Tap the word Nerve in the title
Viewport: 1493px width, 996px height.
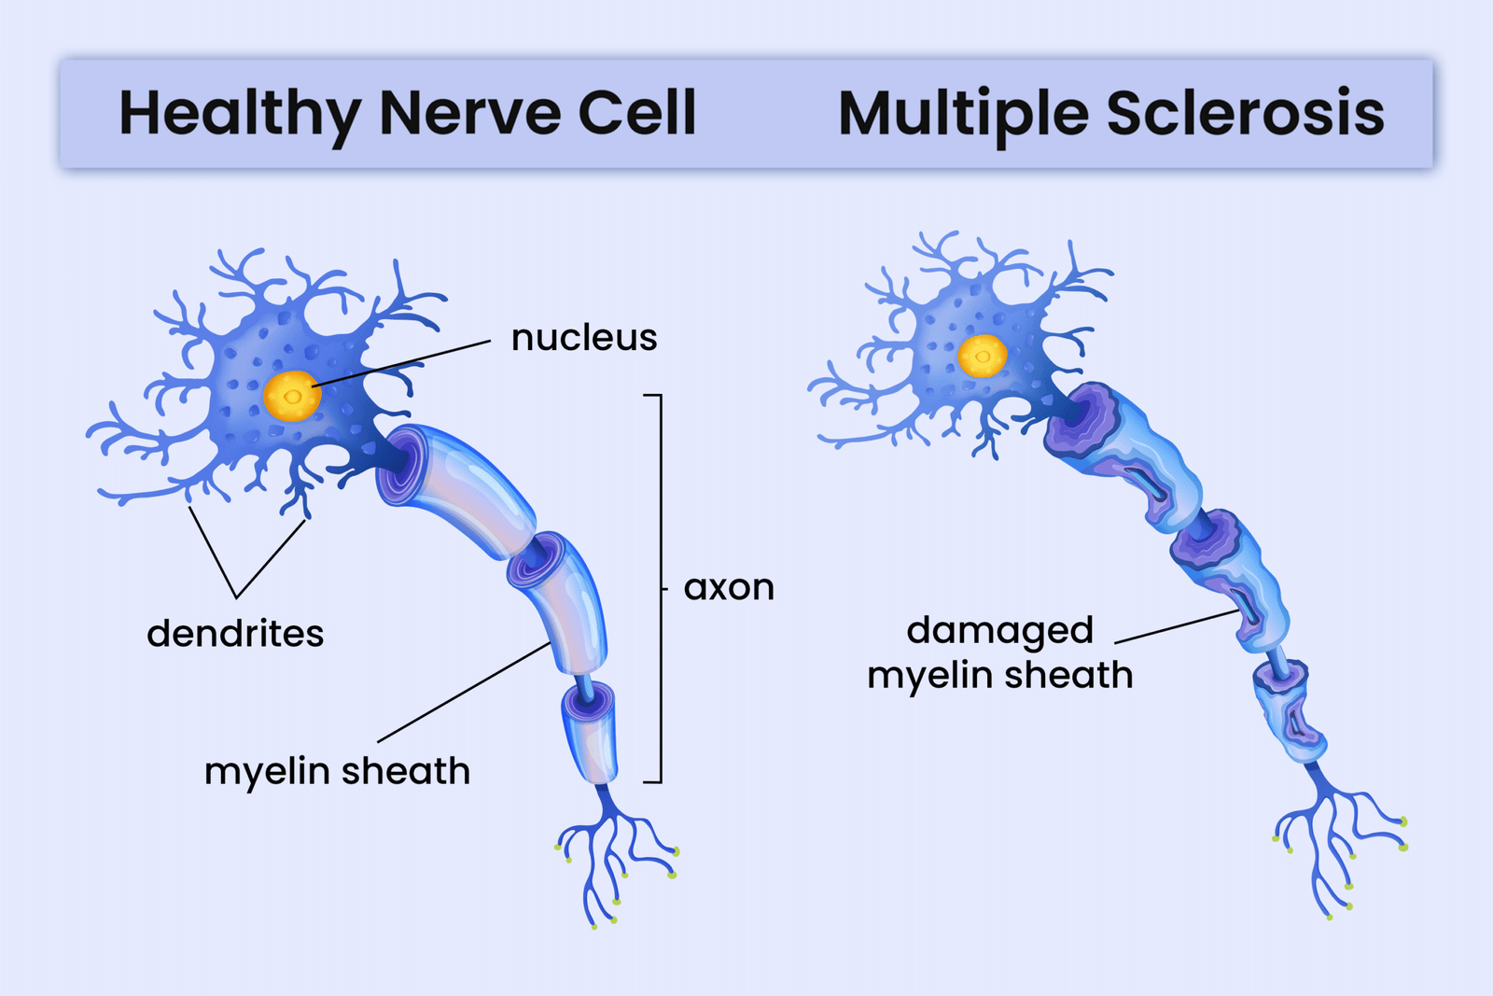[x=471, y=114]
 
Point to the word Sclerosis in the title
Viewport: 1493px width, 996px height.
[x=1246, y=114]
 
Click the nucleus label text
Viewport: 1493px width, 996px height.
[x=584, y=338]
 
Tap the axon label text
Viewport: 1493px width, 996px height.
[x=729, y=588]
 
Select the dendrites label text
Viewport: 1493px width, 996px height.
[x=235, y=634]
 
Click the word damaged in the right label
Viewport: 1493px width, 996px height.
[x=999, y=631]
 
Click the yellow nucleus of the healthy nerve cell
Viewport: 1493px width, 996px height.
[x=292, y=396]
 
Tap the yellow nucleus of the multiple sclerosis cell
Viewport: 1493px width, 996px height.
[x=983, y=356]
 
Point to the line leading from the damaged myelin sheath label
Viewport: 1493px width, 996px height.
[x=1176, y=627]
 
